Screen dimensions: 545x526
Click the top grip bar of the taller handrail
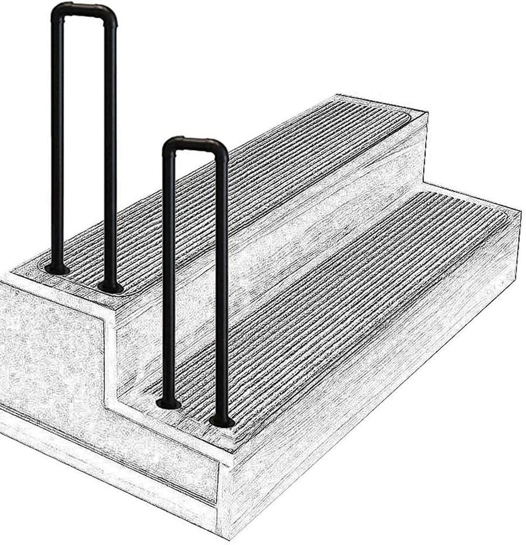[x=84, y=8]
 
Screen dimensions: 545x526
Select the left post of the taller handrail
[x=58, y=145]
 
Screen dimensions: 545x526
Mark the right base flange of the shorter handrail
[x=221, y=422]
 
